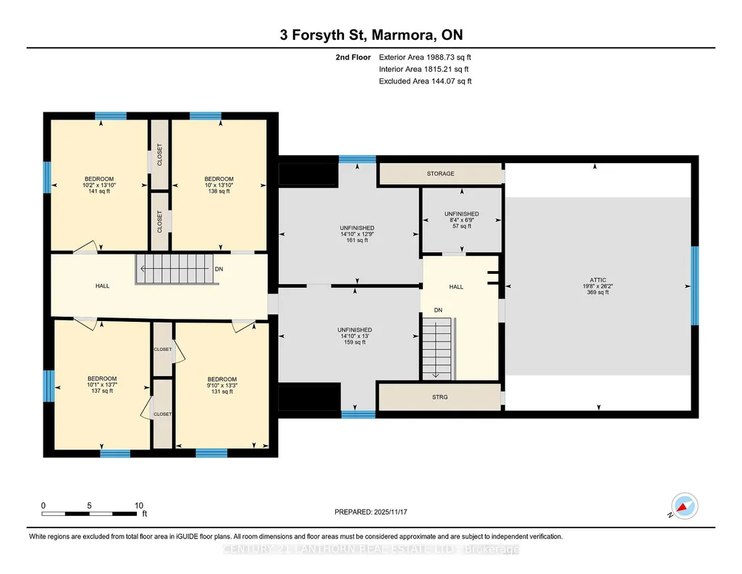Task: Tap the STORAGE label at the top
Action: pos(441,174)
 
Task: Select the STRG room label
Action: pos(439,397)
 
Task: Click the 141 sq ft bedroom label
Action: pos(99,186)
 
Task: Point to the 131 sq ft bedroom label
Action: pos(222,386)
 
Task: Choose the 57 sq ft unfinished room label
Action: pos(461,220)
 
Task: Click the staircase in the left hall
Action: pos(174,269)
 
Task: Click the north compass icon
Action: pos(684,506)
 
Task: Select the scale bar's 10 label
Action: pos(139,505)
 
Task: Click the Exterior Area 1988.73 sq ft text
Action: pos(425,57)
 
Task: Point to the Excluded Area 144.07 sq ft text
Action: pos(426,81)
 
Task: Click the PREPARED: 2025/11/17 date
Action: pos(371,512)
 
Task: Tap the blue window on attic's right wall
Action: pos(694,286)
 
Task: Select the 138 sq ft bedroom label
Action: pos(219,186)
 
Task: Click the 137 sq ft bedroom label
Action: pos(102,385)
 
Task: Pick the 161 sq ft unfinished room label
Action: pos(357,234)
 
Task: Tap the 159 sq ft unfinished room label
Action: pos(355,336)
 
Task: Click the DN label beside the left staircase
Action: pos(219,269)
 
